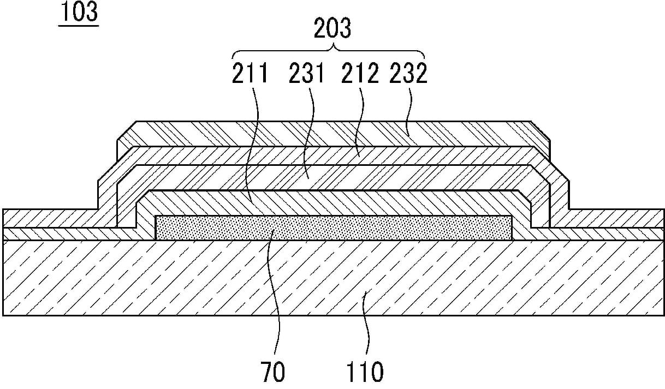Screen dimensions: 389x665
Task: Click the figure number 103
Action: (x=78, y=12)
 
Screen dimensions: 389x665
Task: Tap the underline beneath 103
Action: (x=78, y=25)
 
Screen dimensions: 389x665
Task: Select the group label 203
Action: (x=331, y=28)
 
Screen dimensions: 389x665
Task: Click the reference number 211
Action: (x=250, y=74)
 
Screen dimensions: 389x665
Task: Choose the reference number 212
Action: (x=361, y=74)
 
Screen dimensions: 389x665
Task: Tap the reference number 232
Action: (x=408, y=74)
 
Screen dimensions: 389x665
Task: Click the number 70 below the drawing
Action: (x=272, y=372)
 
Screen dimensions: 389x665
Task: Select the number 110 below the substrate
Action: (x=365, y=372)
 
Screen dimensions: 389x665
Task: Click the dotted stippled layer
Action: (x=333, y=228)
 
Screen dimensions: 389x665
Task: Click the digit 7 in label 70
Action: (x=265, y=372)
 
